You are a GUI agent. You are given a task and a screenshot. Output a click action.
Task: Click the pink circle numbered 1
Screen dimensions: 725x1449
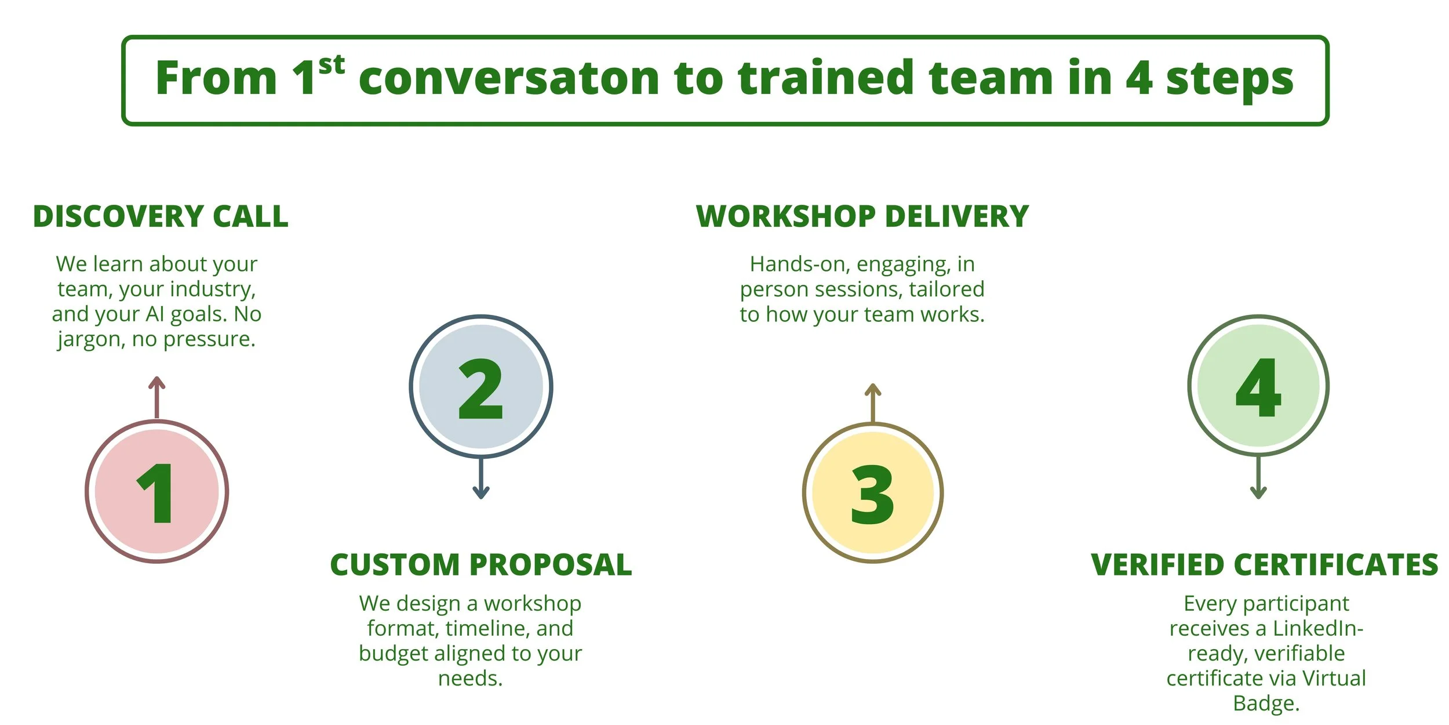pyautogui.click(x=156, y=491)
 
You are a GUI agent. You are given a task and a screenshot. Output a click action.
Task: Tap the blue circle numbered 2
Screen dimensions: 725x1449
pyautogui.click(x=480, y=387)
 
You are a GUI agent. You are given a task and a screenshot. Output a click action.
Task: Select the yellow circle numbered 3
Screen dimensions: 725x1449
pyautogui.click(x=872, y=492)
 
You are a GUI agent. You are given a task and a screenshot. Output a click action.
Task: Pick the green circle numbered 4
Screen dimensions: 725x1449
pyautogui.click(x=1258, y=386)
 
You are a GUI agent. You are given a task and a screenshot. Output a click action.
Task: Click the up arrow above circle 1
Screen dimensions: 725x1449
pyautogui.click(x=156, y=397)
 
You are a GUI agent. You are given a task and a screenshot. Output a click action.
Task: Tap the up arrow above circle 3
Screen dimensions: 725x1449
pyautogui.click(x=872, y=403)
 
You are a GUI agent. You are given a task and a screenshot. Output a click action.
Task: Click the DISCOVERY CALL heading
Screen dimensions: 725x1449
pyautogui.click(x=161, y=216)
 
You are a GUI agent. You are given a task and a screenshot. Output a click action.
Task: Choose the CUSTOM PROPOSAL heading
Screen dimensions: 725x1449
pyautogui.click(x=480, y=565)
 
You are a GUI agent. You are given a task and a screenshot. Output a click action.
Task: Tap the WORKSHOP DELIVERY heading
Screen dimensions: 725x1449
pyautogui.click(x=862, y=216)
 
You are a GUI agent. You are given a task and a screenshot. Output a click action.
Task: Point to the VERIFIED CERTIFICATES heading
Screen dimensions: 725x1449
pyautogui.click(x=1264, y=565)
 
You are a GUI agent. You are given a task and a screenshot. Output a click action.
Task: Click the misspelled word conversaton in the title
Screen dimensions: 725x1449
pyautogui.click(x=509, y=79)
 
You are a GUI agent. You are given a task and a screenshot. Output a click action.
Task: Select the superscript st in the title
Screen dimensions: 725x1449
pyautogui.click(x=332, y=65)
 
